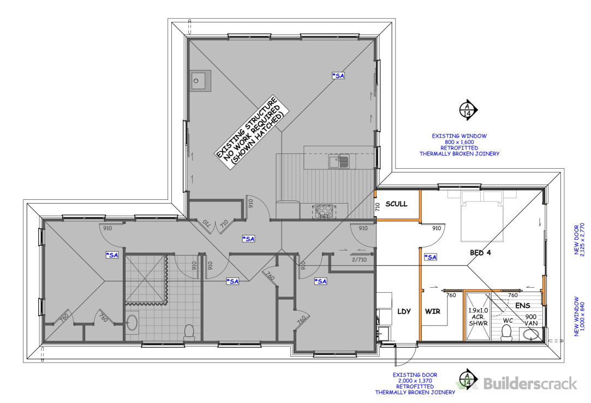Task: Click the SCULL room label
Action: pos(396,204)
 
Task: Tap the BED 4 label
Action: pos(480,253)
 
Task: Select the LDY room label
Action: pos(404,311)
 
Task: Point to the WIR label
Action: pos(432,311)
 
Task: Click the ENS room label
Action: pos(522,306)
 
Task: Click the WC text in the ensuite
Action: pos(508,321)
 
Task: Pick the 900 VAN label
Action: pos(531,320)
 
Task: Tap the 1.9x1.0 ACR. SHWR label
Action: pos(478,317)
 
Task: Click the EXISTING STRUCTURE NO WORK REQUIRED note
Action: pos(252,132)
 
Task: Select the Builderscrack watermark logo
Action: pos(516,384)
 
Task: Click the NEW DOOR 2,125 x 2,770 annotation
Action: pos(580,240)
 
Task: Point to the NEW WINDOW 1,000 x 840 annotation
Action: pos(580,316)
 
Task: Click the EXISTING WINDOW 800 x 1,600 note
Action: pos(459,145)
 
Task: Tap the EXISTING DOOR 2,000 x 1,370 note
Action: pos(415,383)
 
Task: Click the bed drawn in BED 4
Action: pos(482,216)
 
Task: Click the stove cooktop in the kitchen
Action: pos(324,211)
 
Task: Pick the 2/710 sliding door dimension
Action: pos(359,259)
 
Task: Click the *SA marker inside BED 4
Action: pos(431,257)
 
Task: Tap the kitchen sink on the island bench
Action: pos(339,162)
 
